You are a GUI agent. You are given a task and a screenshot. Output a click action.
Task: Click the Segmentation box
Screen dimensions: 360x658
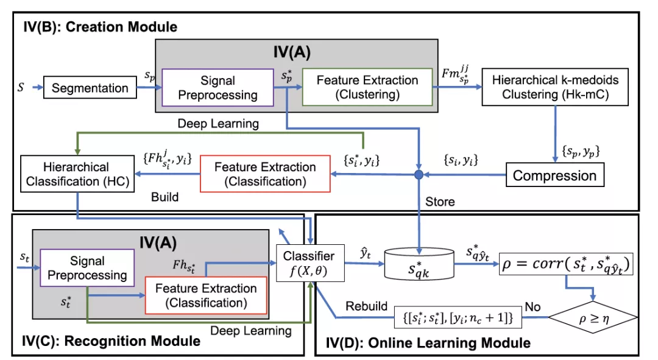click(90, 88)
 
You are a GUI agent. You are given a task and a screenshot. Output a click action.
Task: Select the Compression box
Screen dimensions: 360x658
click(554, 176)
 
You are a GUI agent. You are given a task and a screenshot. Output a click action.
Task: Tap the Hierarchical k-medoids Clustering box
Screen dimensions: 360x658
click(555, 87)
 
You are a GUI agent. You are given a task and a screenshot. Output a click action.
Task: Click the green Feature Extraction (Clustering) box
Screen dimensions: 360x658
click(367, 87)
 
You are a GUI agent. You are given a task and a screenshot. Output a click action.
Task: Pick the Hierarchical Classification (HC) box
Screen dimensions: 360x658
click(77, 174)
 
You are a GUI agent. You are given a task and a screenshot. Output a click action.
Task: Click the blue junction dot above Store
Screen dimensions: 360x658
click(419, 175)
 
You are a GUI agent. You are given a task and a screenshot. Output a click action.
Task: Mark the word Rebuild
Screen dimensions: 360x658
click(366, 306)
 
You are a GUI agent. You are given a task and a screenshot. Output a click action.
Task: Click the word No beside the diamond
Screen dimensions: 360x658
click(533, 306)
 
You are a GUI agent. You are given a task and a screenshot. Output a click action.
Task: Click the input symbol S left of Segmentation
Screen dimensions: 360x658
click(21, 88)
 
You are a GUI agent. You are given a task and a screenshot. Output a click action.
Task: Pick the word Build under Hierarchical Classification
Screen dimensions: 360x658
click(164, 197)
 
